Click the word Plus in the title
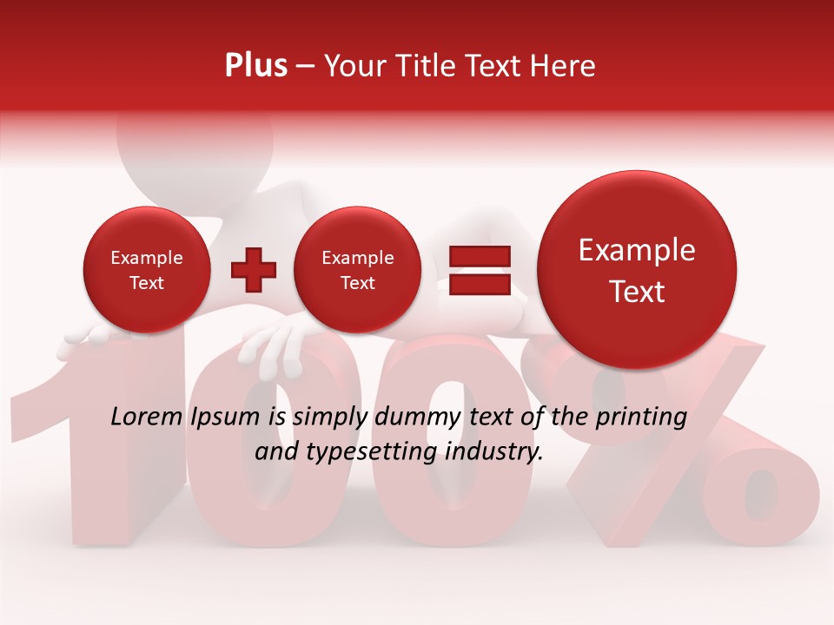click(255, 66)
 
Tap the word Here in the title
click(563, 66)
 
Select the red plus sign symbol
click(254, 270)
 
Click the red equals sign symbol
click(480, 270)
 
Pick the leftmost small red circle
click(146, 270)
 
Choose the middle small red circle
click(357, 270)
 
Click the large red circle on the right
click(637, 270)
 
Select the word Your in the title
click(354, 66)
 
